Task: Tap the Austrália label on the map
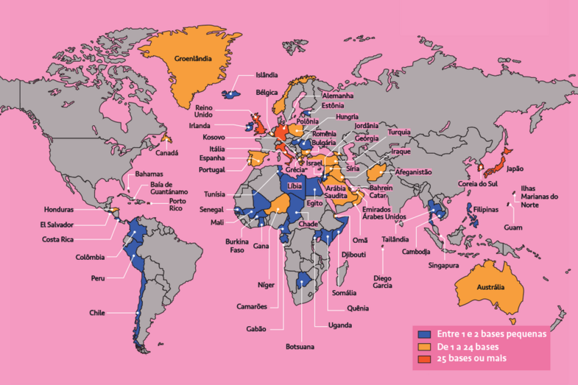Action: click(491, 286)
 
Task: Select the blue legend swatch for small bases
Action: click(424, 333)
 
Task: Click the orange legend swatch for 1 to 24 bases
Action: click(424, 346)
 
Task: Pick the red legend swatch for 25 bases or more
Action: click(424, 358)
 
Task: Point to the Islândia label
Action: click(267, 74)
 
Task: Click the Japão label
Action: click(515, 168)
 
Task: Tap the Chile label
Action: click(97, 312)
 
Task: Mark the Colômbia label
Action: click(90, 257)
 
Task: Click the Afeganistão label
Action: click(413, 172)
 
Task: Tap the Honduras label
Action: click(59, 209)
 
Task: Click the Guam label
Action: click(513, 227)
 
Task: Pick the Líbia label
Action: click(295, 187)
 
